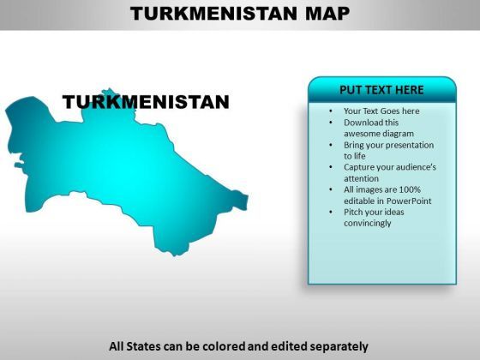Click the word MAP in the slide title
[x=327, y=14]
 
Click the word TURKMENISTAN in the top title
[x=213, y=14]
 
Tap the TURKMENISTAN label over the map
[x=146, y=102]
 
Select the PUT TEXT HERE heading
[x=381, y=90]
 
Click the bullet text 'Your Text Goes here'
[x=381, y=111]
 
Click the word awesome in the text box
[x=361, y=134]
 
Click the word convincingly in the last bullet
[x=368, y=223]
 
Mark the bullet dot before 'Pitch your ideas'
[x=331, y=213]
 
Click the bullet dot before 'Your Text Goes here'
[x=331, y=111]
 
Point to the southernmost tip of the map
[x=175, y=255]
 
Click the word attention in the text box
[x=361, y=178]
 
